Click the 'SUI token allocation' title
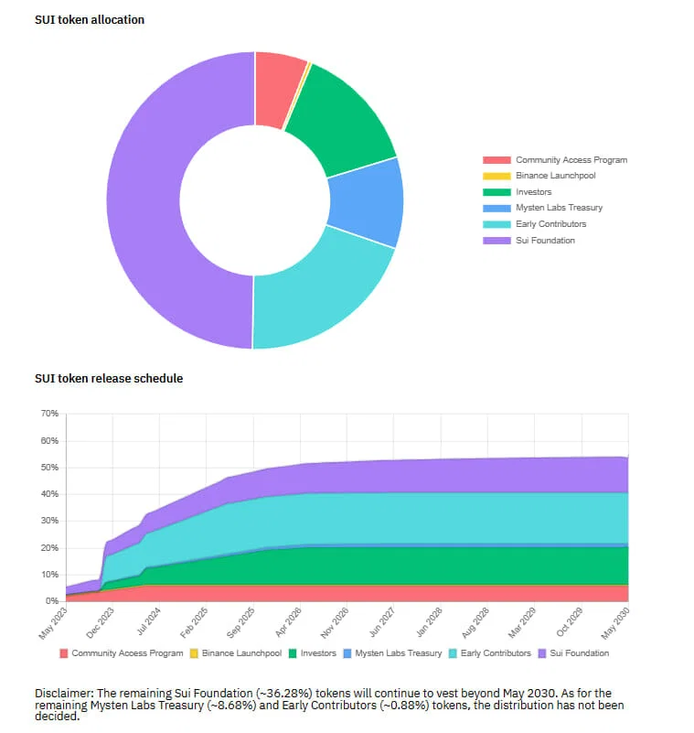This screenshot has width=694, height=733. pyautogui.click(x=90, y=19)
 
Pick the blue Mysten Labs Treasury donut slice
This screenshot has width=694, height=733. pyautogui.click(x=367, y=203)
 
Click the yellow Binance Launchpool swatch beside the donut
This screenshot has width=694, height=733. pyautogui.click(x=496, y=176)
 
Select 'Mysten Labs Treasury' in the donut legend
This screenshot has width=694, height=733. pyautogui.click(x=559, y=208)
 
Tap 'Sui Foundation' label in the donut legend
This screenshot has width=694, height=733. pyautogui.click(x=545, y=241)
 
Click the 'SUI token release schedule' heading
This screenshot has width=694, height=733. pyautogui.click(x=109, y=378)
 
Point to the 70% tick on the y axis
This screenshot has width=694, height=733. pyautogui.click(x=49, y=414)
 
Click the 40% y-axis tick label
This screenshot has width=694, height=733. pyautogui.click(x=49, y=493)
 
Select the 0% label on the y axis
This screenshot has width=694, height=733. pyautogui.click(x=52, y=600)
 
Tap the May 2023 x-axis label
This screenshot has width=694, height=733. pyautogui.click(x=53, y=623)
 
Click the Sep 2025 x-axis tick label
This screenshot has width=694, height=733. pyautogui.click(x=240, y=622)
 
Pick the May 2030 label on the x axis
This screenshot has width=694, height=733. pyautogui.click(x=615, y=623)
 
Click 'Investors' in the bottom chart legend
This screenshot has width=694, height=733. pyautogui.click(x=318, y=653)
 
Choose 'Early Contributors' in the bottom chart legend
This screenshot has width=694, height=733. pyautogui.click(x=496, y=653)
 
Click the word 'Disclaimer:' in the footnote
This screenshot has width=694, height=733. pyautogui.click(x=64, y=694)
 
